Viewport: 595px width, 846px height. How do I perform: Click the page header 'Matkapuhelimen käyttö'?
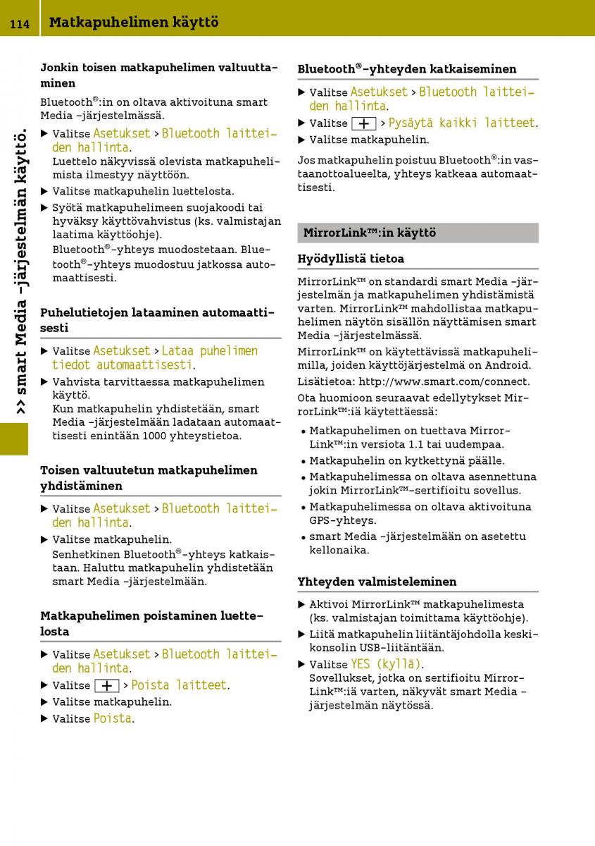click(134, 23)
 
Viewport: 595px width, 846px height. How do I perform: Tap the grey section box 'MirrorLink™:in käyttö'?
click(418, 233)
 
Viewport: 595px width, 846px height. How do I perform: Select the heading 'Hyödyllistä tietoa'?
click(351, 259)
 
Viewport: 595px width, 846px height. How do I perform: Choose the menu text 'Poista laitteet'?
click(180, 685)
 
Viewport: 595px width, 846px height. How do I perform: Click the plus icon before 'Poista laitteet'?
click(106, 685)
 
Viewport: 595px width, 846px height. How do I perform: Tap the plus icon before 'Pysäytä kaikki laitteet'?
click(363, 123)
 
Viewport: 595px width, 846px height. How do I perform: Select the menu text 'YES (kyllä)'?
click(386, 664)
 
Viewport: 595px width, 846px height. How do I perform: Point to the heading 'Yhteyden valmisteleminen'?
click(377, 582)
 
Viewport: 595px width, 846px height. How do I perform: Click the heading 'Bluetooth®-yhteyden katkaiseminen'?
click(406, 69)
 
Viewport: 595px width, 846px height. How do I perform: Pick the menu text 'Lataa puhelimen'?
click(210, 351)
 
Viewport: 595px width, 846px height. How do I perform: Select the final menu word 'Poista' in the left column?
click(112, 718)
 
